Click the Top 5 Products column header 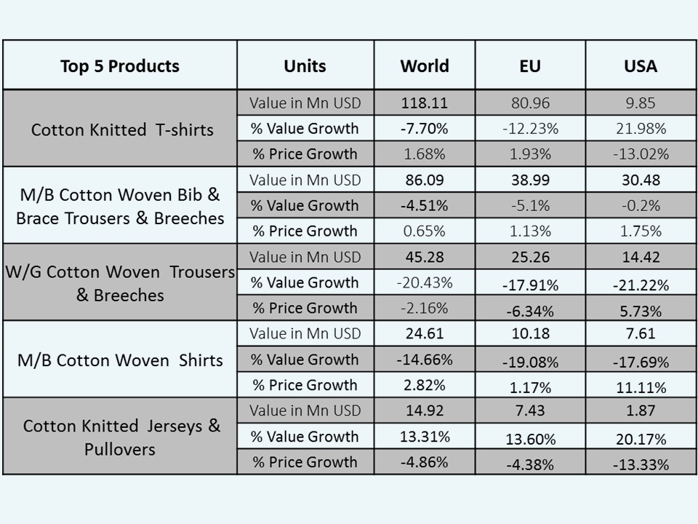120,66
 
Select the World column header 425,66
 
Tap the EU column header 530,66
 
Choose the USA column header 640,66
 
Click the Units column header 305,66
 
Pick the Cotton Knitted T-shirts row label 122,130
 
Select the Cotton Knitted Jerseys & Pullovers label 121,437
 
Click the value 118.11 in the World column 425,103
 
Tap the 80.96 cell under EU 530,103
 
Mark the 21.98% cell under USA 640,129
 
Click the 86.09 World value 425,180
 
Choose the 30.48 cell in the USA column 640,180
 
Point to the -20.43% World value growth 425,282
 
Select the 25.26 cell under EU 530,257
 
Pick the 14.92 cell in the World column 425,410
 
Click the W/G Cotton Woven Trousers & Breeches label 119,283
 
